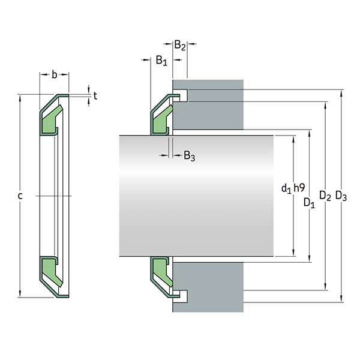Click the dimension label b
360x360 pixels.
coord(54,75)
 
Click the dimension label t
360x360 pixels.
coord(95,94)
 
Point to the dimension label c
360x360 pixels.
coord(20,196)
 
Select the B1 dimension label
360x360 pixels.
coord(161,60)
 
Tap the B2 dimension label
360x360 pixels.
coord(180,45)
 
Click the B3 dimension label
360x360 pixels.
coord(188,157)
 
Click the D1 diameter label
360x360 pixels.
coord(310,202)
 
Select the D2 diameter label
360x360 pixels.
coord(325,196)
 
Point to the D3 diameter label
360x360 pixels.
coord(341,196)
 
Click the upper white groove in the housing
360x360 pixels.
coord(182,95)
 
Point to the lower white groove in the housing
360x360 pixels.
coord(182,295)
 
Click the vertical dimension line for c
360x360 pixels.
coord(20,150)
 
